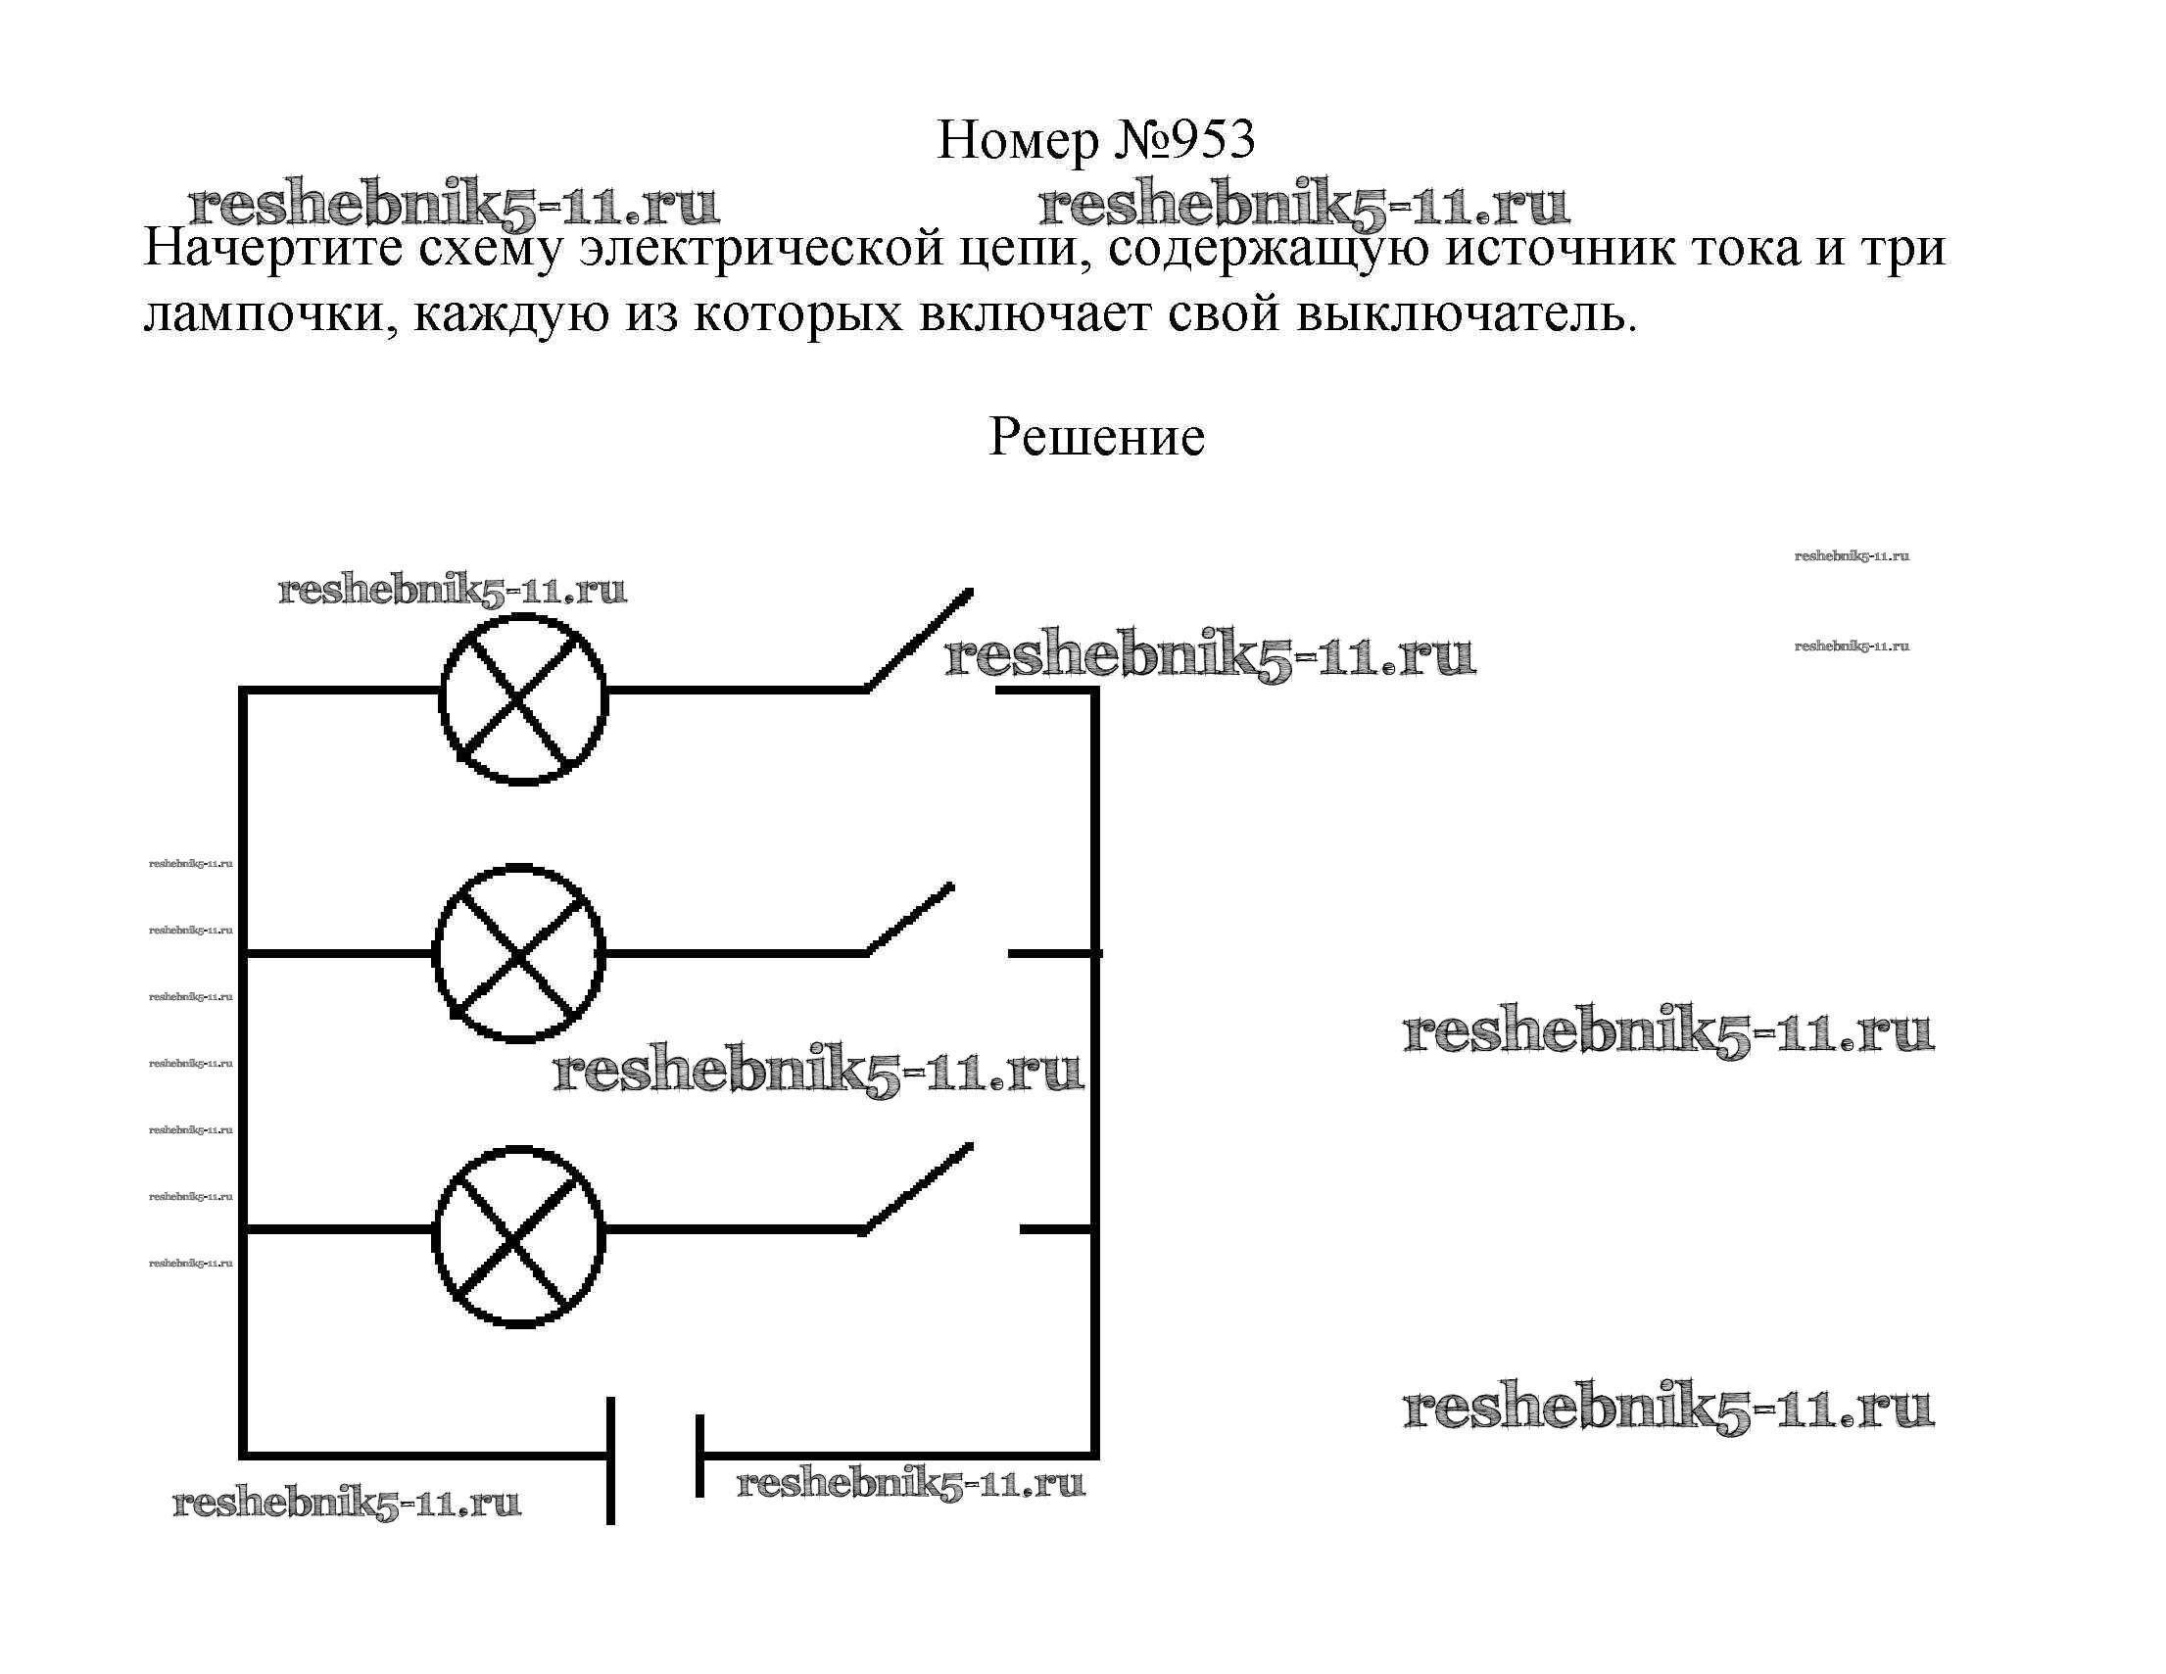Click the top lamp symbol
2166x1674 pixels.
tap(523, 699)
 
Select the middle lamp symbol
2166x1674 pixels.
tap(518, 954)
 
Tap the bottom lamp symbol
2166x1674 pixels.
tap(518, 1237)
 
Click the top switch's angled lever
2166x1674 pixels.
tap(917, 640)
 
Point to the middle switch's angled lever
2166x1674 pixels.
tap(908, 920)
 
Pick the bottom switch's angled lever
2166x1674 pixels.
tap(915, 1189)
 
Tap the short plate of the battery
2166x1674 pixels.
tap(699, 1456)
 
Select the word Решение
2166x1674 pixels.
tap(1096, 436)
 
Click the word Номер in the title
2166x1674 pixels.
tap(1019, 141)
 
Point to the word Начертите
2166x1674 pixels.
tap(273, 248)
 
